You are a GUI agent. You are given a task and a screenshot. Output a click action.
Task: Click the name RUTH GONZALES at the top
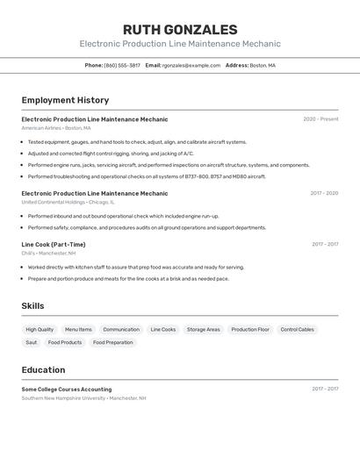180,29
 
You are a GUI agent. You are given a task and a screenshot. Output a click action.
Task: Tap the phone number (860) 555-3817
122,65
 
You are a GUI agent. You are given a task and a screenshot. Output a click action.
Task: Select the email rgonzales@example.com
191,65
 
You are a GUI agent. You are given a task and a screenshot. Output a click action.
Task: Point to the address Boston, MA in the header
263,65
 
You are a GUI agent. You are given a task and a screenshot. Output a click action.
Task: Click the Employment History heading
65,100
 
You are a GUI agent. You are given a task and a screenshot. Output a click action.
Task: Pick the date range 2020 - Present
320,119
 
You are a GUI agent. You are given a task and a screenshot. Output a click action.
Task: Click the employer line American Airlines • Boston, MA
56,128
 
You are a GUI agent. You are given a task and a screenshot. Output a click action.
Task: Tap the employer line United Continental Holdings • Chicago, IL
68,202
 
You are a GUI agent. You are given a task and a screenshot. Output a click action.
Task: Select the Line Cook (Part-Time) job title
54,245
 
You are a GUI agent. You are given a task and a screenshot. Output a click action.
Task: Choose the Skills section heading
33,306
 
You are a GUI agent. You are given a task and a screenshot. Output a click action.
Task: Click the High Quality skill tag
40,330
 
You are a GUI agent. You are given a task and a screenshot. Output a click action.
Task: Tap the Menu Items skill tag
78,330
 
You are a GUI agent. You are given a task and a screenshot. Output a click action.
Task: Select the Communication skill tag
121,330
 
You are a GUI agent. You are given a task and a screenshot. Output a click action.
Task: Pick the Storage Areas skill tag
204,330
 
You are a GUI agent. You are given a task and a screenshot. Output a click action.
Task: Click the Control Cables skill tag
297,330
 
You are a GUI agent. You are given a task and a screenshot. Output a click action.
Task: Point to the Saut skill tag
32,342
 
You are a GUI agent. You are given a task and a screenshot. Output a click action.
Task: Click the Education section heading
43,369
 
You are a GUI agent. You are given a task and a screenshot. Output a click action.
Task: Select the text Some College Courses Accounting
67,389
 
